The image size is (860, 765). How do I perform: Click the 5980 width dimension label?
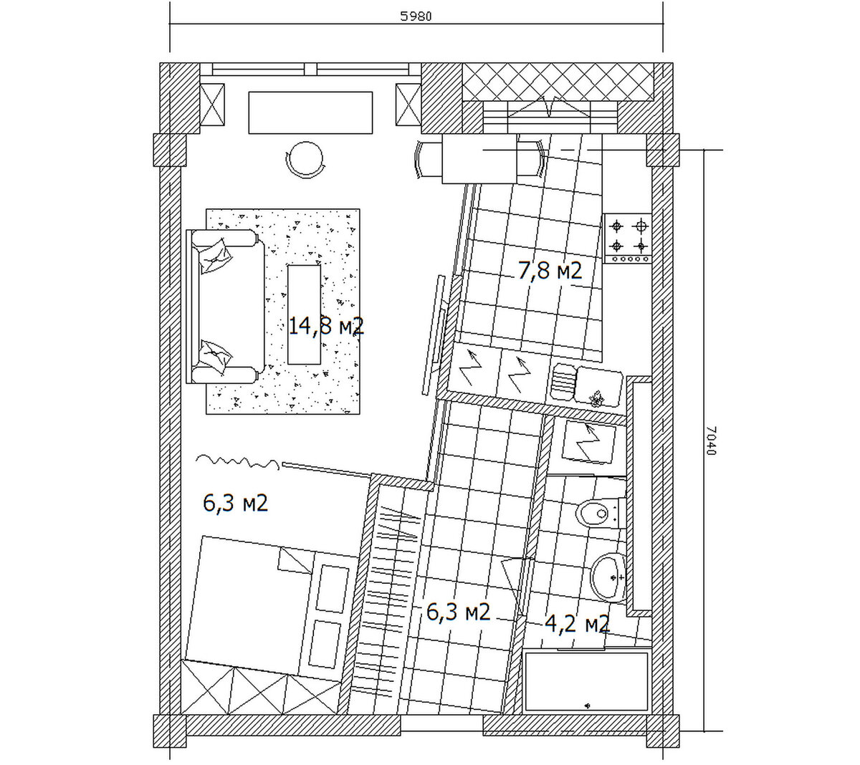[x=416, y=16]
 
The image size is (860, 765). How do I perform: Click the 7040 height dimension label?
[x=711, y=441]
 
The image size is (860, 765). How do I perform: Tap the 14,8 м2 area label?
[x=326, y=327]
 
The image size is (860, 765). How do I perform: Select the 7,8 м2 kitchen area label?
[x=550, y=270]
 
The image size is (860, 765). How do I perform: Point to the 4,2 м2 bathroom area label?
[x=578, y=624]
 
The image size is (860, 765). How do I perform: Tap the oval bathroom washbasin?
[x=608, y=577]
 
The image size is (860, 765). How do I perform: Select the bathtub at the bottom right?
[x=587, y=682]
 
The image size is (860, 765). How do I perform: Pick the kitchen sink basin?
[x=598, y=385]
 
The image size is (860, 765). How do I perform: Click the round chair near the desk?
[x=305, y=160]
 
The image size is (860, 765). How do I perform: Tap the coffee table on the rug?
[x=304, y=314]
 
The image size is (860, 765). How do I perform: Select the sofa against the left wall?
[x=225, y=307]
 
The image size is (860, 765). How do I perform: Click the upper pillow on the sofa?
[x=216, y=256]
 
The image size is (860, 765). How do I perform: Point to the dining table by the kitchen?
[x=479, y=158]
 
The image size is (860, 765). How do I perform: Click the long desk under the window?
[x=310, y=113]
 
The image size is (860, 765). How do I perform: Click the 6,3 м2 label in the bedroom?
[x=236, y=504]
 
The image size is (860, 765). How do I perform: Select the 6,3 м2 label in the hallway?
[x=458, y=612]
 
